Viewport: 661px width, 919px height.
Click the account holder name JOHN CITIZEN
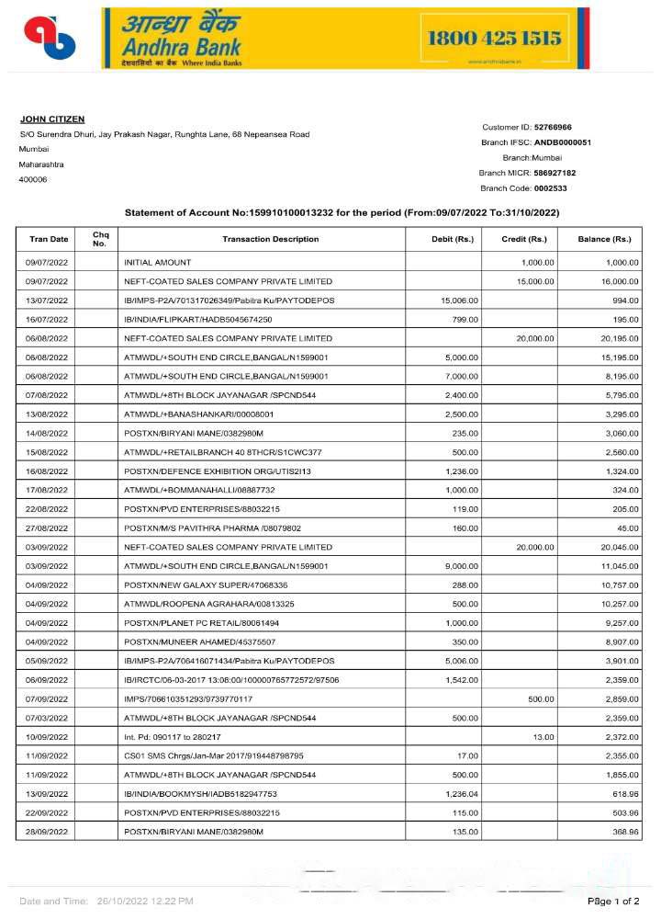(52, 119)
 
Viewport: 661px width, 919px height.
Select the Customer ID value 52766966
(553, 127)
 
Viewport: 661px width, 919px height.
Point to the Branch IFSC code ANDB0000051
(563, 142)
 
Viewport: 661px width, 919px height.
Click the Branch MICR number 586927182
(555, 173)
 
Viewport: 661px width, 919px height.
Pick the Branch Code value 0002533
(551, 188)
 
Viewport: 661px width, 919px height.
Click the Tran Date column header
(48, 240)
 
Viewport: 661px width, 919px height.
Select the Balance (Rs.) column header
(604, 240)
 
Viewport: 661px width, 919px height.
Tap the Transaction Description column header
(270, 240)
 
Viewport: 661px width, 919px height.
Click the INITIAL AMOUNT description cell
(158, 264)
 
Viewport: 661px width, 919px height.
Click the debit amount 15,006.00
(460, 301)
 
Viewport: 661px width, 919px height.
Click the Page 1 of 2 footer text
(613, 902)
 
